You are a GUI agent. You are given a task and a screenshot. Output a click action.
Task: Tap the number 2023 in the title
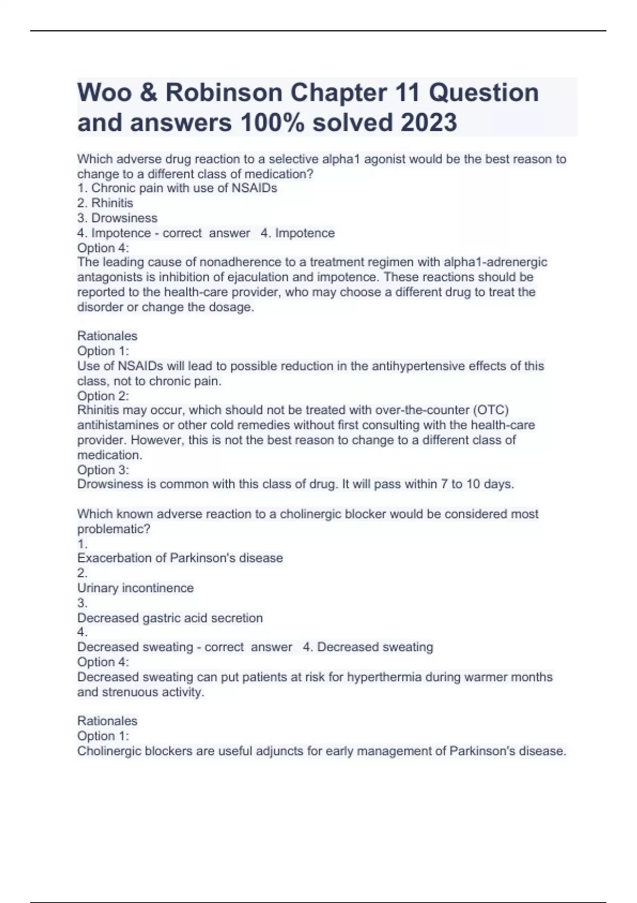[428, 123]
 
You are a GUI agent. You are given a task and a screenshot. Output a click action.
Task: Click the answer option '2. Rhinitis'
[105, 203]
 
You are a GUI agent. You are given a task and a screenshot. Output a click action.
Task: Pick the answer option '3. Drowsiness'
[117, 218]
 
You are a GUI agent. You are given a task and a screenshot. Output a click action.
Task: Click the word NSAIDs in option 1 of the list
[254, 188]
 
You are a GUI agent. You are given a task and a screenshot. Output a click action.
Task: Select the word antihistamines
[118, 425]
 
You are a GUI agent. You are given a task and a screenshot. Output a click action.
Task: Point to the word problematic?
[114, 529]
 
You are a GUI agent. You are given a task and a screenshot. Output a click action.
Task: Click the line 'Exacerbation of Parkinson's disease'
[180, 558]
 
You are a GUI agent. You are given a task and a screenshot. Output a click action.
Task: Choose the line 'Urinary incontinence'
[135, 588]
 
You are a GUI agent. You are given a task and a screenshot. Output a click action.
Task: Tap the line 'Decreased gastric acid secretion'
[170, 618]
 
